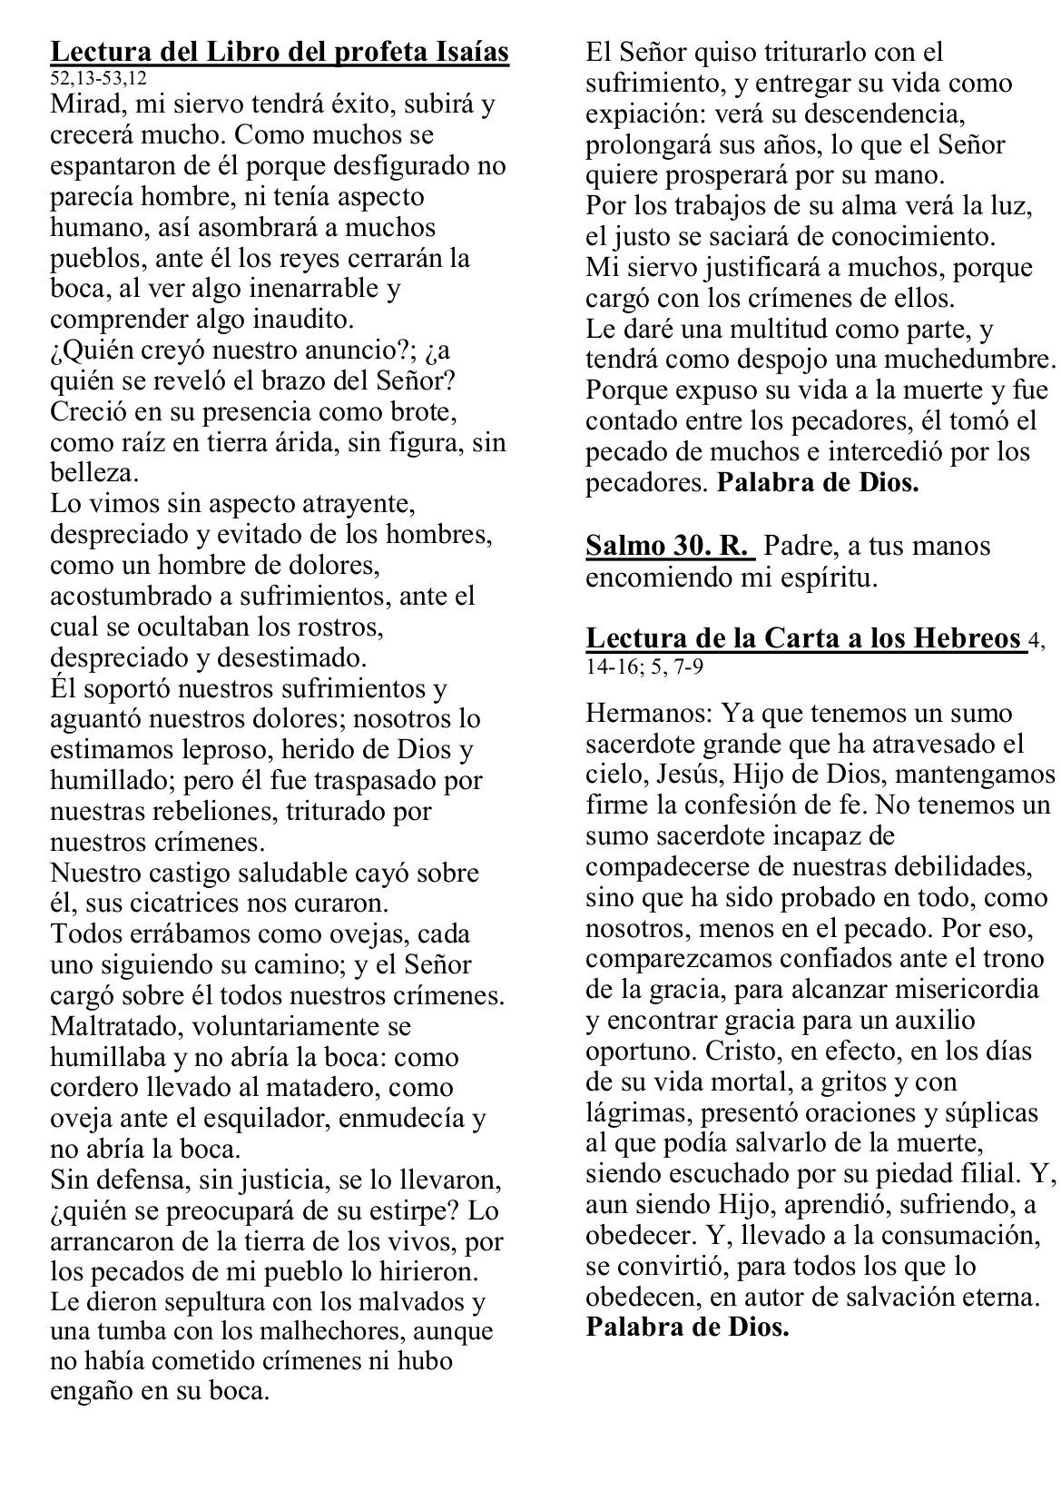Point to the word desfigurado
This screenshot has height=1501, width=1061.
pyautogui.click(x=408, y=166)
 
